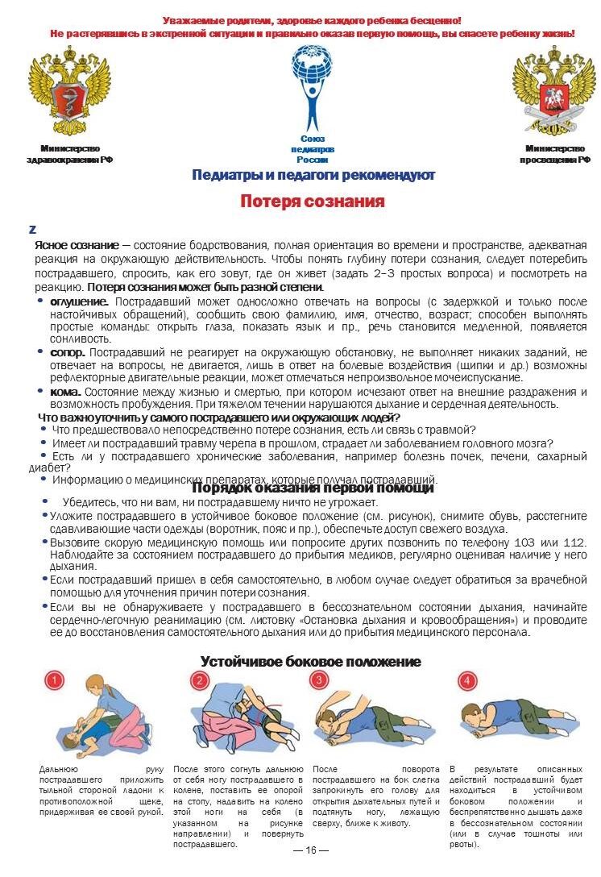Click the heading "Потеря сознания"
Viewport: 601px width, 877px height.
(x=312, y=202)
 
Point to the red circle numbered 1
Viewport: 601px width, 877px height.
(x=54, y=681)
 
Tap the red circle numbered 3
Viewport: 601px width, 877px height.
(x=321, y=680)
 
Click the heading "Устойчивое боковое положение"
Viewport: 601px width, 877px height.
(x=310, y=662)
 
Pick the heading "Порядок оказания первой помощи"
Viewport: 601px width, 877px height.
(x=313, y=488)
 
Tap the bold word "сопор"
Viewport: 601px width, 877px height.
(x=67, y=352)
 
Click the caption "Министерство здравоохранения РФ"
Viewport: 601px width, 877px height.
(x=69, y=154)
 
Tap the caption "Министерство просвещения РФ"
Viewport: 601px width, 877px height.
(x=554, y=154)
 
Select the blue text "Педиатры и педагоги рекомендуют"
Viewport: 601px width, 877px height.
(x=313, y=175)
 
